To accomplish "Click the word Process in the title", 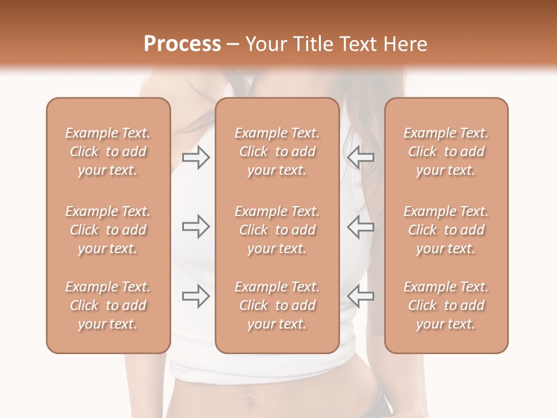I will click(182, 44).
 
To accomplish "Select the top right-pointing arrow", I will click(196, 157).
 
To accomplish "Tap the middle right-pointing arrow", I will click(196, 226).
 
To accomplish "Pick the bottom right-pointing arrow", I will click(196, 296).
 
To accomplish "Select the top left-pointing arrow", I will click(360, 157).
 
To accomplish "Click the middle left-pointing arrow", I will click(360, 226).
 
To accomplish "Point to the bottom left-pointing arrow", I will click(360, 296).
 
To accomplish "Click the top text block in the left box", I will click(108, 152).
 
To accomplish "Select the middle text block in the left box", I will click(108, 230).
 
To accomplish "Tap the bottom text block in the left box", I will click(108, 305).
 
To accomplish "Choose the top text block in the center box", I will click(277, 152).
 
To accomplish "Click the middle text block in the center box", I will click(277, 230).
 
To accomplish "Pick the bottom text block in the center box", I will click(277, 305).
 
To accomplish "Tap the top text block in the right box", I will click(446, 152).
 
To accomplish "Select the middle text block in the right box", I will click(446, 230).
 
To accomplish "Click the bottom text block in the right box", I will click(446, 305).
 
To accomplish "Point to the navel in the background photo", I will click(251, 401).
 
